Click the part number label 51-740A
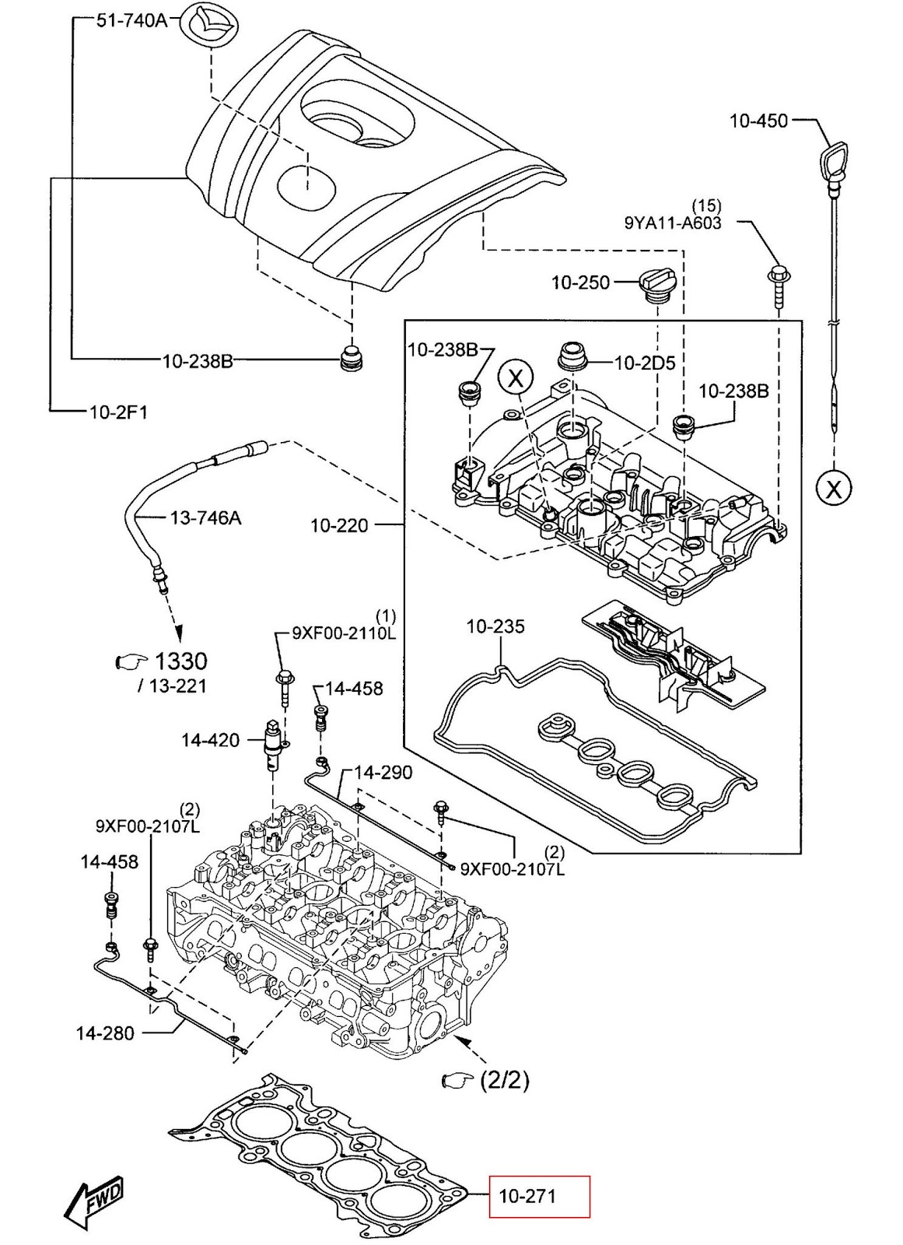[131, 20]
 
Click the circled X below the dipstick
[833, 489]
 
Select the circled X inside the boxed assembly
[516, 378]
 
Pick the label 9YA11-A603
[673, 223]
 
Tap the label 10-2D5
[645, 363]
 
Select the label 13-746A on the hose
[205, 517]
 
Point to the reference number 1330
[180, 661]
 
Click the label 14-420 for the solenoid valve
[210, 739]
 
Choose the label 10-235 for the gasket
[495, 626]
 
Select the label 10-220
[339, 525]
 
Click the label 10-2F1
[118, 412]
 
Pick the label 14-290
[383, 773]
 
